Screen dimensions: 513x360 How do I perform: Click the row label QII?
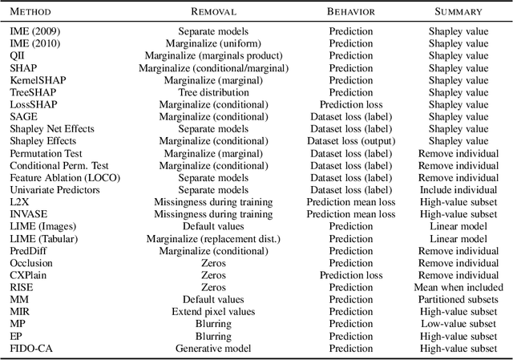pyautogui.click(x=18, y=56)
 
